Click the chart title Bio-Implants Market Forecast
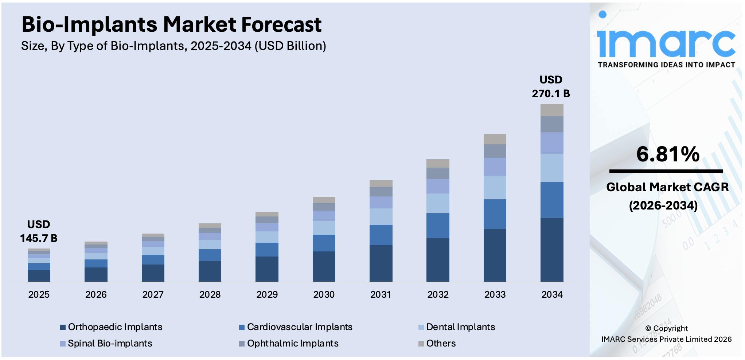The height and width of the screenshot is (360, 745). [171, 25]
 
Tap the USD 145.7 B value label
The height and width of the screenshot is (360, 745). [39, 232]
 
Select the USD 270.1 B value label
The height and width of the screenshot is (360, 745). [551, 87]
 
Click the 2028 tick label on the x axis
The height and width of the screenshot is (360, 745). [210, 294]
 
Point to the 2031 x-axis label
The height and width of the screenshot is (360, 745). [381, 294]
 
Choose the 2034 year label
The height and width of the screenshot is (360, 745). [552, 294]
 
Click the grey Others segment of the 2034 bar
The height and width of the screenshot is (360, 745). [552, 110]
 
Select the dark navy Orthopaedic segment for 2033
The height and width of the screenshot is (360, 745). [495, 255]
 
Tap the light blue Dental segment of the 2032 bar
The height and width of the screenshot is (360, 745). [438, 203]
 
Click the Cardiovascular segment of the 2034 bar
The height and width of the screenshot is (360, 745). [552, 200]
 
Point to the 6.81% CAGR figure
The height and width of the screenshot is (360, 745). [668, 154]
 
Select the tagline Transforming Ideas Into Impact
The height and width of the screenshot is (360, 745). [666, 65]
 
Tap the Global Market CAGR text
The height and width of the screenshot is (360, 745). [667, 187]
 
